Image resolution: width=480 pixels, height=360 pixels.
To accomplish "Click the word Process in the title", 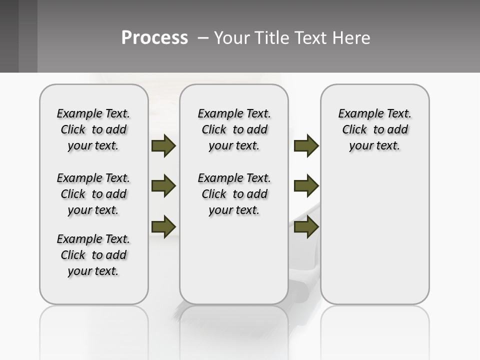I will (154, 37).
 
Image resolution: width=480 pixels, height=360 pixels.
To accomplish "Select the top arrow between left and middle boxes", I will (163, 146).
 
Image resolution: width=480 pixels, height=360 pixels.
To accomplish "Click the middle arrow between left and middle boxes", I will (163, 186).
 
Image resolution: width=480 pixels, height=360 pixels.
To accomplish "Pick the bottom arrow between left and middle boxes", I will (163, 226).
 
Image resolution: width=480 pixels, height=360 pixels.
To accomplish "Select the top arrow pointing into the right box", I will (306, 146).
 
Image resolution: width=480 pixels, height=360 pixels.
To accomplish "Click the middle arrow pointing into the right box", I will (306, 186).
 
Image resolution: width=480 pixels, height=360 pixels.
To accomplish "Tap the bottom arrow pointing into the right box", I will (306, 226).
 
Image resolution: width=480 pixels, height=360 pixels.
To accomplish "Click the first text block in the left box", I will (93, 129).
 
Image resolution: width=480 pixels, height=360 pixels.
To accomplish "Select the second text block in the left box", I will (93, 194).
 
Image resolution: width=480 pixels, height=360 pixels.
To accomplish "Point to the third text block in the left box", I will (93, 255).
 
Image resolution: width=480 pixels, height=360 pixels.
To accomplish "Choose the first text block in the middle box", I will (234, 129).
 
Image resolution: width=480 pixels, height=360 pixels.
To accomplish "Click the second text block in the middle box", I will (234, 194).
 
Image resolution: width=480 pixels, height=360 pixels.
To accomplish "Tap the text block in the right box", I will (375, 129).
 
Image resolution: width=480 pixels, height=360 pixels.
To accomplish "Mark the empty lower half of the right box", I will (375, 240).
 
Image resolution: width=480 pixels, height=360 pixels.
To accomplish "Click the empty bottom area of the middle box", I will (234, 265).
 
